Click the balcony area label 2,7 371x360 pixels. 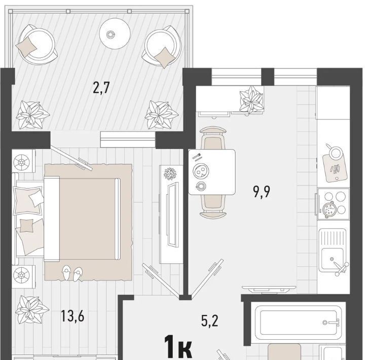(101, 88)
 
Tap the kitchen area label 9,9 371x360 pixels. (262, 191)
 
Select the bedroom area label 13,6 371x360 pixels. (72, 316)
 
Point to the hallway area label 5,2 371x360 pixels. (210, 321)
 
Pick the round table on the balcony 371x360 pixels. (115, 33)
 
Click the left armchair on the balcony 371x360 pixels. (37, 45)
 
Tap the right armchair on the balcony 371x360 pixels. (162, 47)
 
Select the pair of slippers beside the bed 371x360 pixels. (72, 273)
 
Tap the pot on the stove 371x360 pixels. (329, 209)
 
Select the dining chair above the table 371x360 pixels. (213, 138)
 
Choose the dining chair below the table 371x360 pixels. (213, 206)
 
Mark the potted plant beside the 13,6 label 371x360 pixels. (32, 311)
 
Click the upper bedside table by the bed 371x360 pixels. (24, 161)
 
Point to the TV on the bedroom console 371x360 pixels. (172, 214)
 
